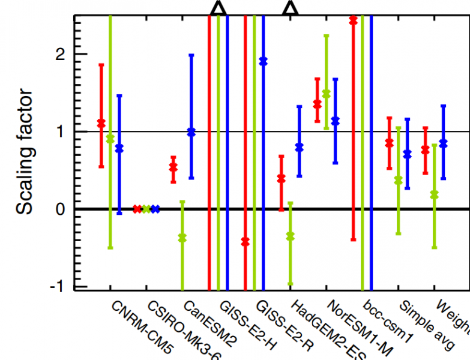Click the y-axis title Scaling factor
25,152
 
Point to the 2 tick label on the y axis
59,54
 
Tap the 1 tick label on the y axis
59,131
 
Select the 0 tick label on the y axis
59,209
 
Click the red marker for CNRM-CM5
101,123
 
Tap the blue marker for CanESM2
191,132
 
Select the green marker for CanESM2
182,238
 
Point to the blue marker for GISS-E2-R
263,61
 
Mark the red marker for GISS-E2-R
245,241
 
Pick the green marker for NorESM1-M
326,93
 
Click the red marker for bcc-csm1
353,20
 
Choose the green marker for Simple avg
397,179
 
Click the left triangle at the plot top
218,7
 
